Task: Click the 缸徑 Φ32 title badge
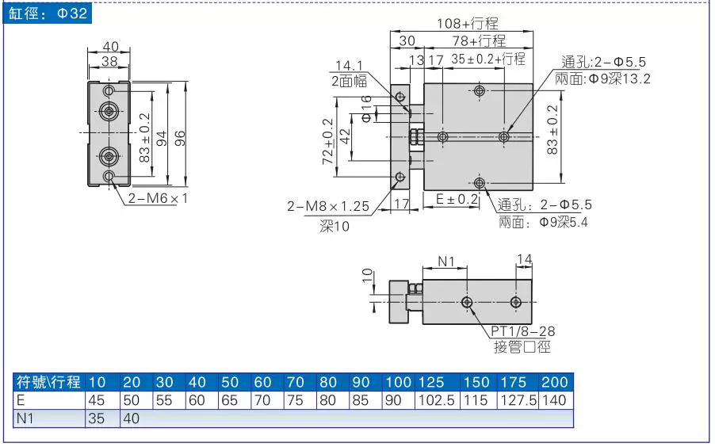tap(48, 13)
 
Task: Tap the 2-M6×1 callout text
tap(157, 198)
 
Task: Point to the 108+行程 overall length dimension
tap(468, 23)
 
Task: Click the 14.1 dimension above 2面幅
tap(349, 66)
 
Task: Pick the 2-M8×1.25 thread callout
tap(328, 206)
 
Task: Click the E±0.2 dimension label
tap(457, 199)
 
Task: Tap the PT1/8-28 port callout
tap(522, 331)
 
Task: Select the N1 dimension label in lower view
tap(446, 261)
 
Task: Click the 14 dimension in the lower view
tap(525, 259)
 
